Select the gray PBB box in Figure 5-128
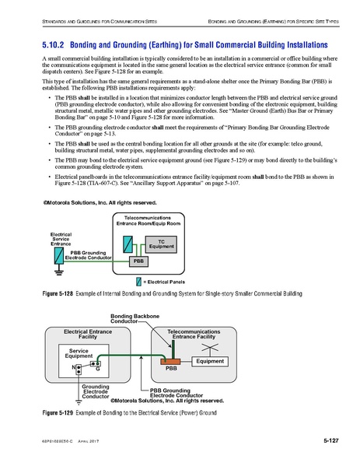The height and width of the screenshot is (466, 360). [x=138, y=261]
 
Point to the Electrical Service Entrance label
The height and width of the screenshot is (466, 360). [x=61, y=239]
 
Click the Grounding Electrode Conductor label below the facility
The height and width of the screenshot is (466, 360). [x=96, y=392]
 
